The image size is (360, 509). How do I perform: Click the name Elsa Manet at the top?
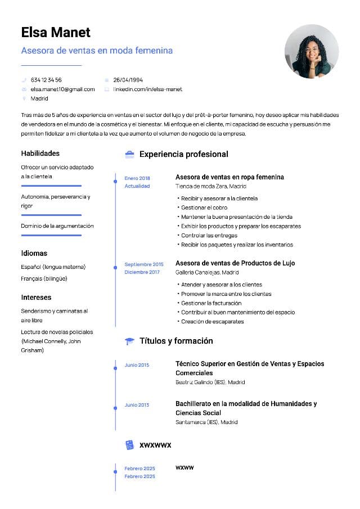pos(56,32)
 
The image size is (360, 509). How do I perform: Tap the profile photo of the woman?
pos(312,51)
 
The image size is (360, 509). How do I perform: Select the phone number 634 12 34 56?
pos(46,80)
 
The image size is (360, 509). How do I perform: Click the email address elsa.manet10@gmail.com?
pos(62,89)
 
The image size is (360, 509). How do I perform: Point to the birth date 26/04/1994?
pos(128,80)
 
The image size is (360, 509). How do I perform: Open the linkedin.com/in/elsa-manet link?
pos(147,89)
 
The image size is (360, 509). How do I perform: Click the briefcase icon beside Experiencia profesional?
pos(129,154)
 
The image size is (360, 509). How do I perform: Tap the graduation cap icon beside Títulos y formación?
pos(129,341)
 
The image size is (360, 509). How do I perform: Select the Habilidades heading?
pos(40,153)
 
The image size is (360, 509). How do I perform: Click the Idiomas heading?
pos(34,253)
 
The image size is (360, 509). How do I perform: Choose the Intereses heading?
pos(36,297)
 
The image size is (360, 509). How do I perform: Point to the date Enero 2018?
pos(137,178)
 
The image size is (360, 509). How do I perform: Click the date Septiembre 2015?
pos(144,264)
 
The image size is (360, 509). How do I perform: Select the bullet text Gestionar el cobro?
pos(204,208)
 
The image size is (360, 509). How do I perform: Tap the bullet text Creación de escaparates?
pos(212,322)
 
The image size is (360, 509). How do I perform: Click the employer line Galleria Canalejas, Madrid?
pos(203,272)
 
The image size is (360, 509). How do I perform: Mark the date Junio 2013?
pos(137,405)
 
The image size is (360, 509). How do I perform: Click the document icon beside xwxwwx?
pos(129,445)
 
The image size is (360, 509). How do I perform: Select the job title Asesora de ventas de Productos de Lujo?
pos(235,263)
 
